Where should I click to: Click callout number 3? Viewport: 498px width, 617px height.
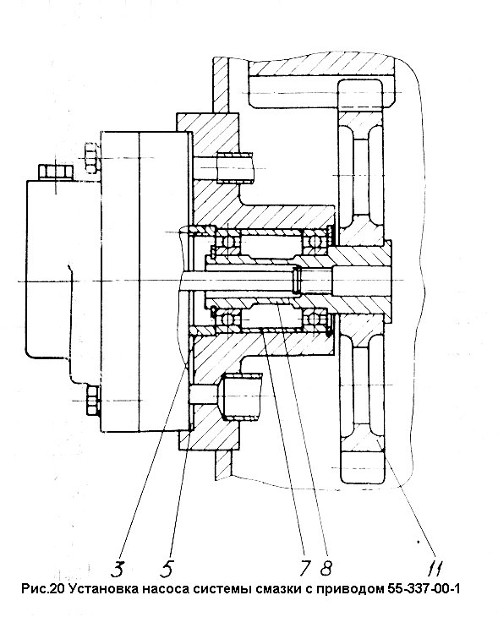click(118, 568)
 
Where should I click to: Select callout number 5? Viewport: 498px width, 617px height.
click(167, 568)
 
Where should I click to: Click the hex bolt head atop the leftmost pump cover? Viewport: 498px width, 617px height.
click(56, 172)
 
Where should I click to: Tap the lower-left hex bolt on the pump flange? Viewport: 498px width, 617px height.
click(92, 400)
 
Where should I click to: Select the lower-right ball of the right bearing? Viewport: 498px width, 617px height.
click(315, 318)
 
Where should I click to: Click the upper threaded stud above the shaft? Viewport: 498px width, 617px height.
click(236, 168)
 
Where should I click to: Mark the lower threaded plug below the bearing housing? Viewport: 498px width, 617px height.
click(240, 396)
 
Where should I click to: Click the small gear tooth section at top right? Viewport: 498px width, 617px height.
click(361, 93)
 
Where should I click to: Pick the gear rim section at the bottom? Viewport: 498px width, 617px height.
click(362, 467)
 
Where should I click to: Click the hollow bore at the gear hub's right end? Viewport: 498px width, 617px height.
click(361, 280)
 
